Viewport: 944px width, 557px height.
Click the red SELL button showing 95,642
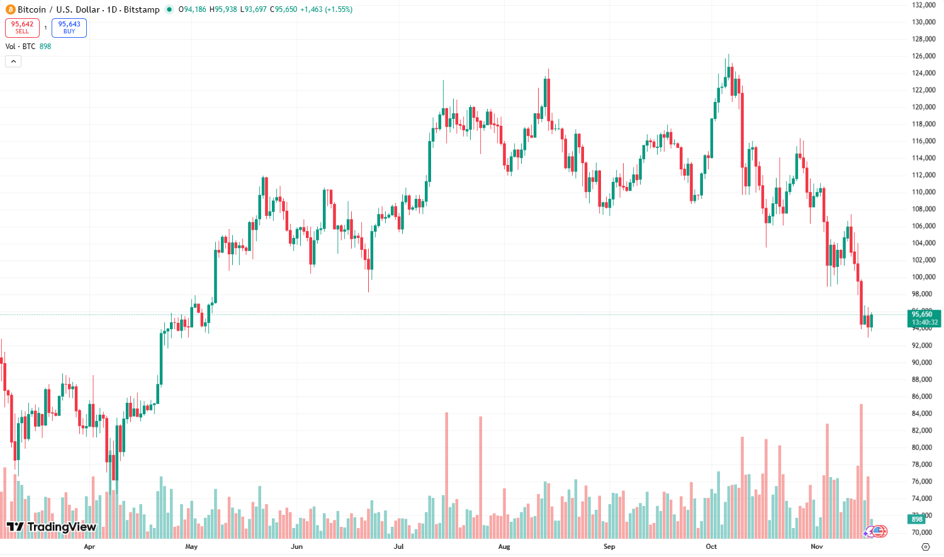(22, 28)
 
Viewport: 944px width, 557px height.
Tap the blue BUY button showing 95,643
(69, 28)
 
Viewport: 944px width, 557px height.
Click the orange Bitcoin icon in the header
(10, 9)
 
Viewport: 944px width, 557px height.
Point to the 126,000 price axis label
(923, 56)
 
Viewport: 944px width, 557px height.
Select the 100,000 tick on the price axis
(923, 277)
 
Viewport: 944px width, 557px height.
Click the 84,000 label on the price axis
(923, 414)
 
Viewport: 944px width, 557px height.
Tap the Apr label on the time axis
(89, 546)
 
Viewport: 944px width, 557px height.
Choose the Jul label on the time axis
(399, 546)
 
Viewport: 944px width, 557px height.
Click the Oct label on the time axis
(711, 546)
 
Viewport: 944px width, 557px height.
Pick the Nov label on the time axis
(817, 546)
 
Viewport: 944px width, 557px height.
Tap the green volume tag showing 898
(917, 519)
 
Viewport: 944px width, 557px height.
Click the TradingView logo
(52, 527)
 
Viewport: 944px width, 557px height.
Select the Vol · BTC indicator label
(21, 47)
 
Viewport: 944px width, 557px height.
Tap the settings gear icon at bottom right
(925, 546)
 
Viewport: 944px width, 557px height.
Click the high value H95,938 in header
(223, 9)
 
